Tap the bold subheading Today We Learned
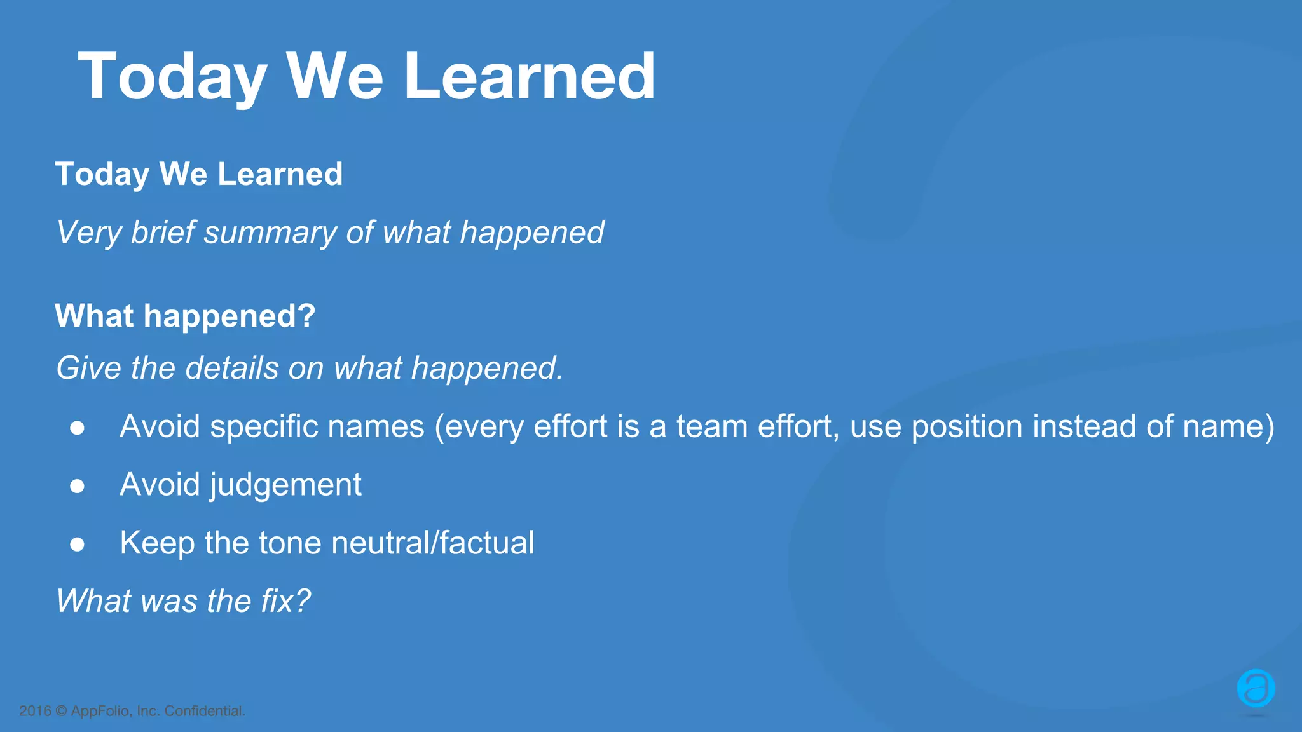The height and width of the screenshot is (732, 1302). [198, 174]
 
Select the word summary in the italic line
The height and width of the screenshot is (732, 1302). [270, 233]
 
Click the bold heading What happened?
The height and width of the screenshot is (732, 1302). [185, 316]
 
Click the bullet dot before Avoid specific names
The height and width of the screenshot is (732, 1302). [78, 428]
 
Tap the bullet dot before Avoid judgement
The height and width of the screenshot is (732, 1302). [78, 487]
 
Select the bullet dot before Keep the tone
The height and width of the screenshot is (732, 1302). [78, 545]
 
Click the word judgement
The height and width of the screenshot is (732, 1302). [285, 485]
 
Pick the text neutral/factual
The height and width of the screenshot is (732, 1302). [432, 543]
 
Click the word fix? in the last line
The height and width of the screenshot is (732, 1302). [285, 600]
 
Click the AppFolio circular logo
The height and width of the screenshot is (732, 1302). [1256, 688]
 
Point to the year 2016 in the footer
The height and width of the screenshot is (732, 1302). [35, 711]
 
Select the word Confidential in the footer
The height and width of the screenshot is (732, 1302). [204, 711]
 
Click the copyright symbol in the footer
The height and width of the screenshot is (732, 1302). [61, 711]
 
